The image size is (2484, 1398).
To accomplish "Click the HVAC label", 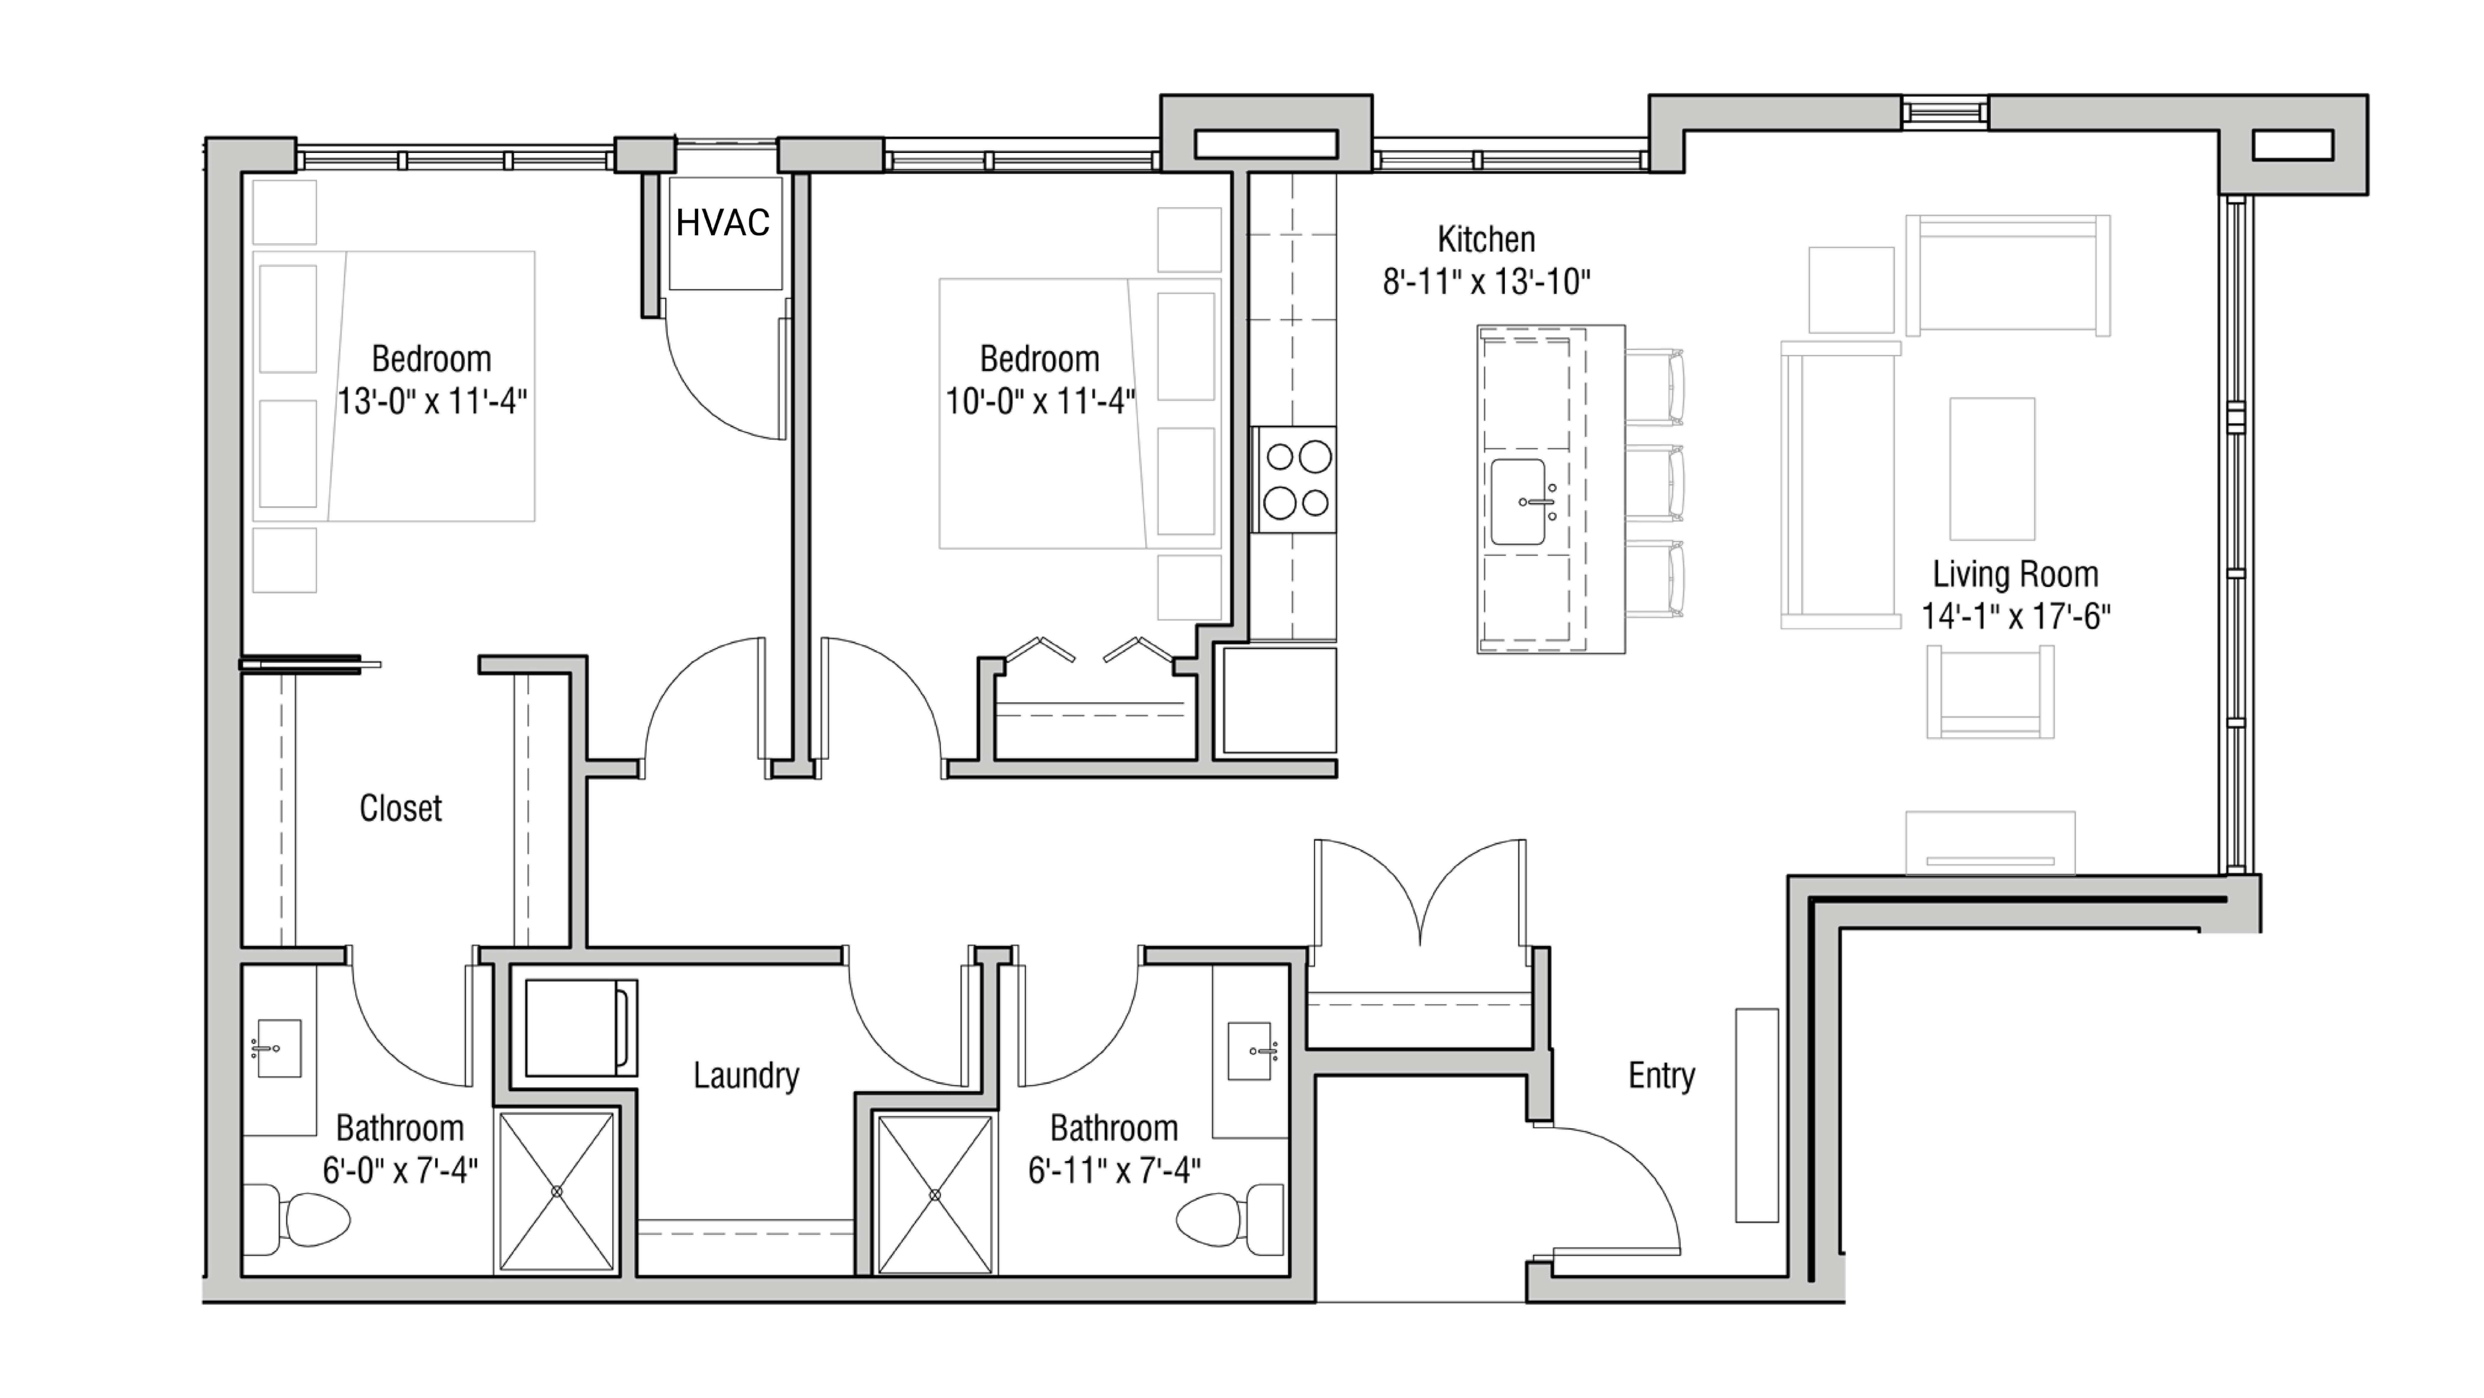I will click(x=722, y=223).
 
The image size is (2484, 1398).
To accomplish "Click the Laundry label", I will click(x=746, y=1075).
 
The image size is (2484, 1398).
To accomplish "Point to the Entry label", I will click(x=1660, y=1075).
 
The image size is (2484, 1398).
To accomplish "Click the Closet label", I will click(x=400, y=808).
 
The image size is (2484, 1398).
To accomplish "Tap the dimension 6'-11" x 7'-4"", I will click(x=1114, y=1170).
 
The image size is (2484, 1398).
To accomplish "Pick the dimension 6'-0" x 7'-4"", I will click(x=400, y=1170).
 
